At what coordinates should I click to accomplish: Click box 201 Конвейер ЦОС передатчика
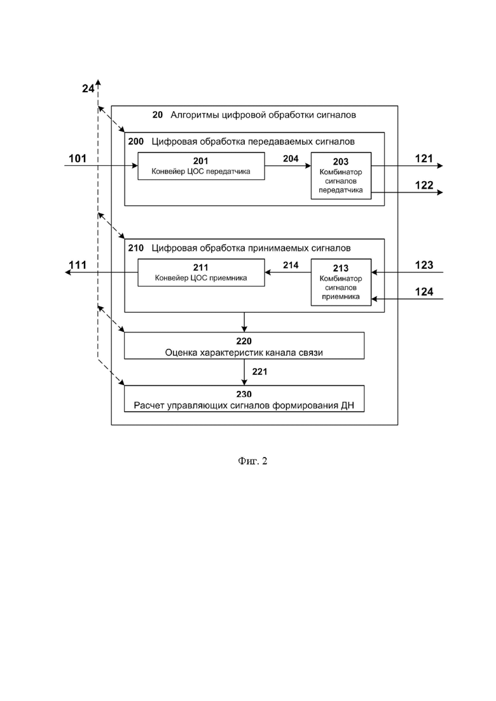[201, 166]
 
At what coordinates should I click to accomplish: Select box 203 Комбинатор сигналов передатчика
[341, 175]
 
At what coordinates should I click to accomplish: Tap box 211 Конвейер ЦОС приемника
[201, 273]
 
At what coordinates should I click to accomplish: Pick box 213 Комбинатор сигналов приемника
[341, 282]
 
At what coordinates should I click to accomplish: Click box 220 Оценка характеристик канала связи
[244, 346]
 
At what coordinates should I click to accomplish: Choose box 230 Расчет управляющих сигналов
[244, 398]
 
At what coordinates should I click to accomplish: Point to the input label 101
[78, 159]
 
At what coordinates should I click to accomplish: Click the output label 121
[424, 159]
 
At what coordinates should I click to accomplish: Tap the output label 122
[424, 186]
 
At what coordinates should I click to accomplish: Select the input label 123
[424, 265]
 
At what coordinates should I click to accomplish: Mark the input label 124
[424, 292]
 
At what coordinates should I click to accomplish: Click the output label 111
[78, 265]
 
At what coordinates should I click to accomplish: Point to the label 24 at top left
[88, 88]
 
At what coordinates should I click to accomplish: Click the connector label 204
[291, 159]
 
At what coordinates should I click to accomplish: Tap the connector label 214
[291, 265]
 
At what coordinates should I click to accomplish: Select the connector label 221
[259, 372]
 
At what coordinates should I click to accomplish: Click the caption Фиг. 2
[252, 461]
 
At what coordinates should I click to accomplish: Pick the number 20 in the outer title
[158, 115]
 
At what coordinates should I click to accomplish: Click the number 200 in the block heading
[136, 142]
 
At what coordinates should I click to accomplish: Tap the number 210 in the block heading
[136, 248]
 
